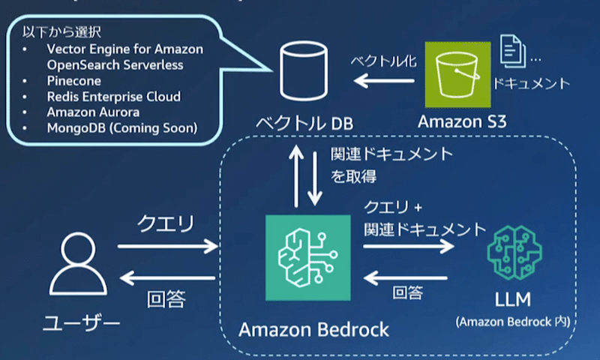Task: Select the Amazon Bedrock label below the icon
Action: tap(313, 328)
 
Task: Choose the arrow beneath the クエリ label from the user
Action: tap(166, 247)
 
